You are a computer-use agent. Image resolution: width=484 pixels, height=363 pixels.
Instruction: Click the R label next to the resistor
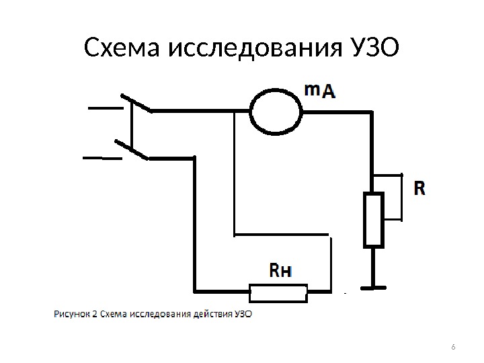click(x=419, y=188)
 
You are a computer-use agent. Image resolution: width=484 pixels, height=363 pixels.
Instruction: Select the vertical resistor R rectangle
click(x=373, y=220)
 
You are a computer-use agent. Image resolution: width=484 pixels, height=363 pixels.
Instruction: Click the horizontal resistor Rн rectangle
click(x=278, y=292)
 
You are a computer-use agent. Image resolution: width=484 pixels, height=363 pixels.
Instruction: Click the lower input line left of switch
click(x=101, y=159)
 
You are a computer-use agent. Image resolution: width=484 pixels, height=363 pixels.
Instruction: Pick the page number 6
click(x=452, y=347)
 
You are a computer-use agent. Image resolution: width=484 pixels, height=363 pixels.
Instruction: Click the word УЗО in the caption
click(x=242, y=313)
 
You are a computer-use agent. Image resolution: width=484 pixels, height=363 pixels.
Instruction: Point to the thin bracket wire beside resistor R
click(x=402, y=196)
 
